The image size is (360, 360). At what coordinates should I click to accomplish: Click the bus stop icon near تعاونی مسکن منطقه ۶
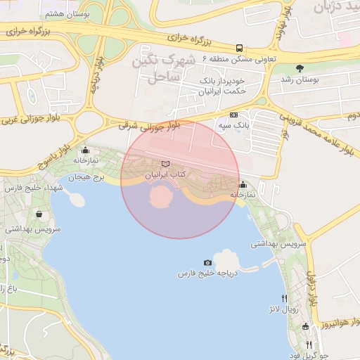pos(240,49)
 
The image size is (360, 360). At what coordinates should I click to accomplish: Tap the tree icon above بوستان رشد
pos(300,69)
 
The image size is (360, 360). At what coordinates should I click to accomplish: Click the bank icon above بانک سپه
pos(234,115)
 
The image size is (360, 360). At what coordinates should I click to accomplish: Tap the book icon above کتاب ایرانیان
pos(165,164)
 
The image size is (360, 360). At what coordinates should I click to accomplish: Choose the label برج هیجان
pos(89,178)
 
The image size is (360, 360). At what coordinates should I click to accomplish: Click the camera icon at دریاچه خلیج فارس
pos(207,262)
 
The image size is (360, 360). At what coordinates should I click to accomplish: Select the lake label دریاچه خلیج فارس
pos(208,272)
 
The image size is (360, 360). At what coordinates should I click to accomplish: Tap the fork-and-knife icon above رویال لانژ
pos(283,298)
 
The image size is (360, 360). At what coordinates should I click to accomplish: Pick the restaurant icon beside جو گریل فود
pos(309,345)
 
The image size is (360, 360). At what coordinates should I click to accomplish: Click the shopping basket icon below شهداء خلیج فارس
pos(39,214)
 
